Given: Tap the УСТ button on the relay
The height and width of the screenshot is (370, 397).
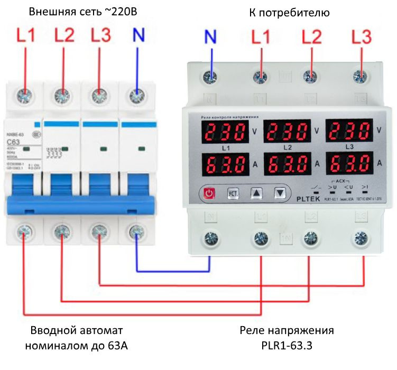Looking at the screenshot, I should click(232, 193).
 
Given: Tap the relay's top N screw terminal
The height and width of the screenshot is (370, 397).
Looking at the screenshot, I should click(211, 78).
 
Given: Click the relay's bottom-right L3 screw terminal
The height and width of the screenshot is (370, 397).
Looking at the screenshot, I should click(362, 237).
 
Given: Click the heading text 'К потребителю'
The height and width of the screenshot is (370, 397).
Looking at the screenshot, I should click(289, 12).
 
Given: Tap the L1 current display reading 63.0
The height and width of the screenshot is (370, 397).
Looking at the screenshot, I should click(225, 163).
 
